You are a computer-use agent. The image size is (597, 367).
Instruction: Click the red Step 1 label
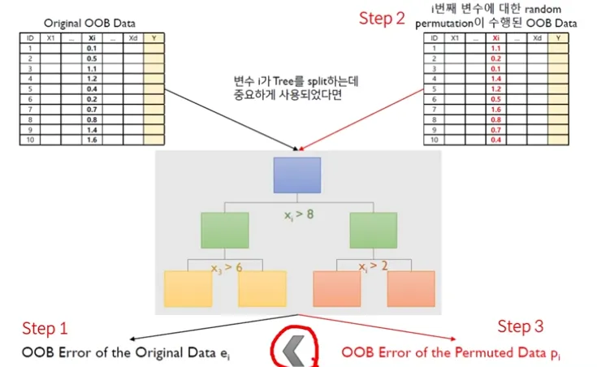click(45, 329)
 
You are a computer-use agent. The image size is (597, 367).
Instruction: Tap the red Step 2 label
click(382, 19)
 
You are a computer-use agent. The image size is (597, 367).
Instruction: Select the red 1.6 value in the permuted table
click(495, 108)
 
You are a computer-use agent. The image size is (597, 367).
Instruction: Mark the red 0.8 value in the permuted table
click(495, 119)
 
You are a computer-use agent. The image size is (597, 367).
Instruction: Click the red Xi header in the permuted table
click(495, 38)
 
